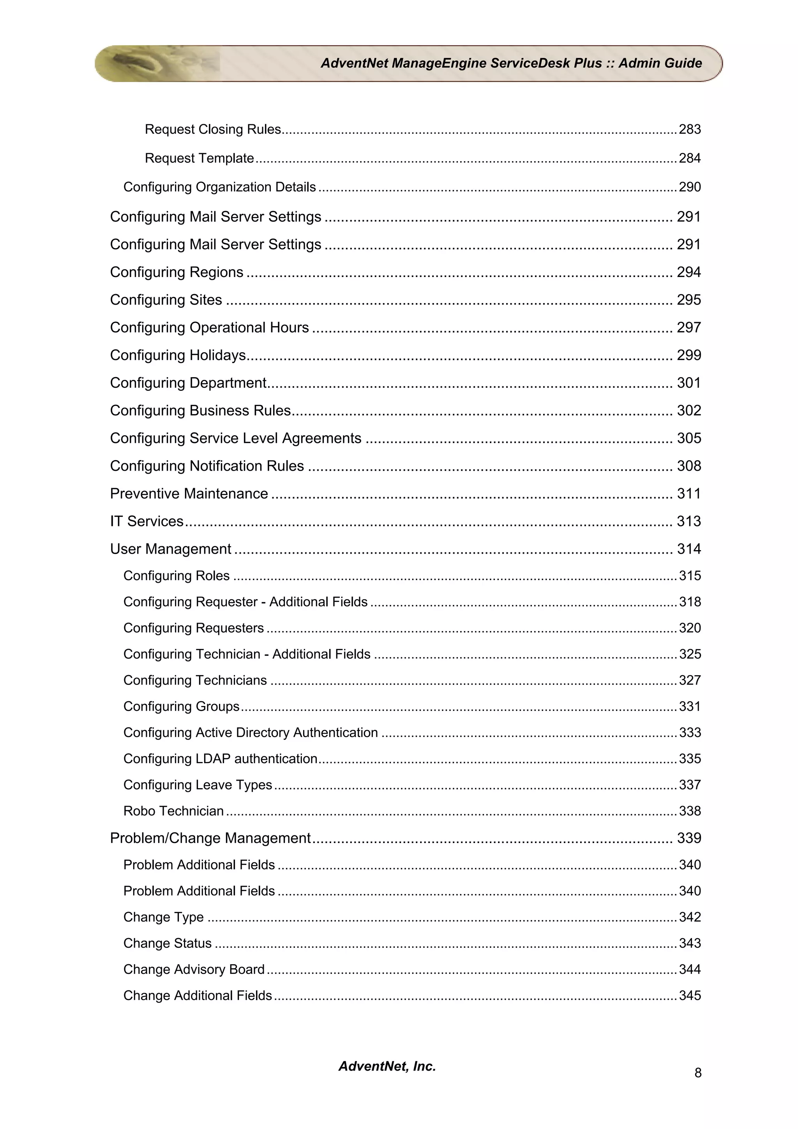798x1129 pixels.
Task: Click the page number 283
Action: pyautogui.click(x=689, y=129)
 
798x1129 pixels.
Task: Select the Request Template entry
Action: pyautogui.click(x=199, y=158)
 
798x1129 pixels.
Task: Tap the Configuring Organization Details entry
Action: pyautogui.click(x=219, y=187)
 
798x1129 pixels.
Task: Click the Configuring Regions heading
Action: pyautogui.click(x=177, y=272)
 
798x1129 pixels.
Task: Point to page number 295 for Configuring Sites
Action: pyautogui.click(x=689, y=300)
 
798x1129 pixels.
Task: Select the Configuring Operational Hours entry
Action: pyautogui.click(x=210, y=328)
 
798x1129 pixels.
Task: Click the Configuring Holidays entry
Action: pyautogui.click(x=178, y=355)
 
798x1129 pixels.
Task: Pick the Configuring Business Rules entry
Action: pyautogui.click(x=200, y=411)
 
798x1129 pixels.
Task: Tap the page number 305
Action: pyautogui.click(x=689, y=438)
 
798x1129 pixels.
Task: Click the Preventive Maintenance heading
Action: pyautogui.click(x=189, y=494)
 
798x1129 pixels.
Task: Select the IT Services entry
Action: pyautogui.click(x=147, y=521)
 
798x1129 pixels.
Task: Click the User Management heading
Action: pyautogui.click(x=170, y=549)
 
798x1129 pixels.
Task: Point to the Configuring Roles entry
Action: pyautogui.click(x=176, y=576)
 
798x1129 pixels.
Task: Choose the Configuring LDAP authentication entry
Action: pyautogui.click(x=220, y=759)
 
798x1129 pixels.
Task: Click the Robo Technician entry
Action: pyautogui.click(x=173, y=811)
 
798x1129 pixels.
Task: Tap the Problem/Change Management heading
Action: pyautogui.click(x=210, y=838)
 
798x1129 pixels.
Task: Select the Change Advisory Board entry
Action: pyautogui.click(x=194, y=969)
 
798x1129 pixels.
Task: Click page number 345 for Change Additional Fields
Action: pyautogui.click(x=689, y=995)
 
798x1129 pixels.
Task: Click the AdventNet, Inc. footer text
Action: pyautogui.click(x=387, y=1066)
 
